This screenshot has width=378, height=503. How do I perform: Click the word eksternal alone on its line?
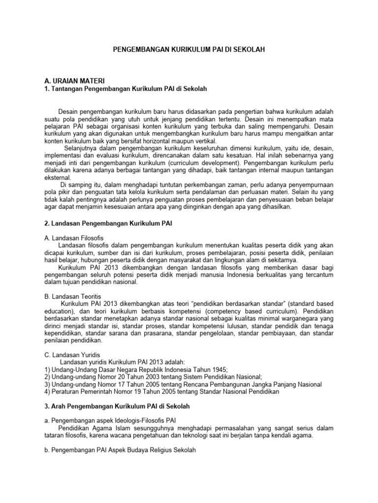[58, 177]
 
